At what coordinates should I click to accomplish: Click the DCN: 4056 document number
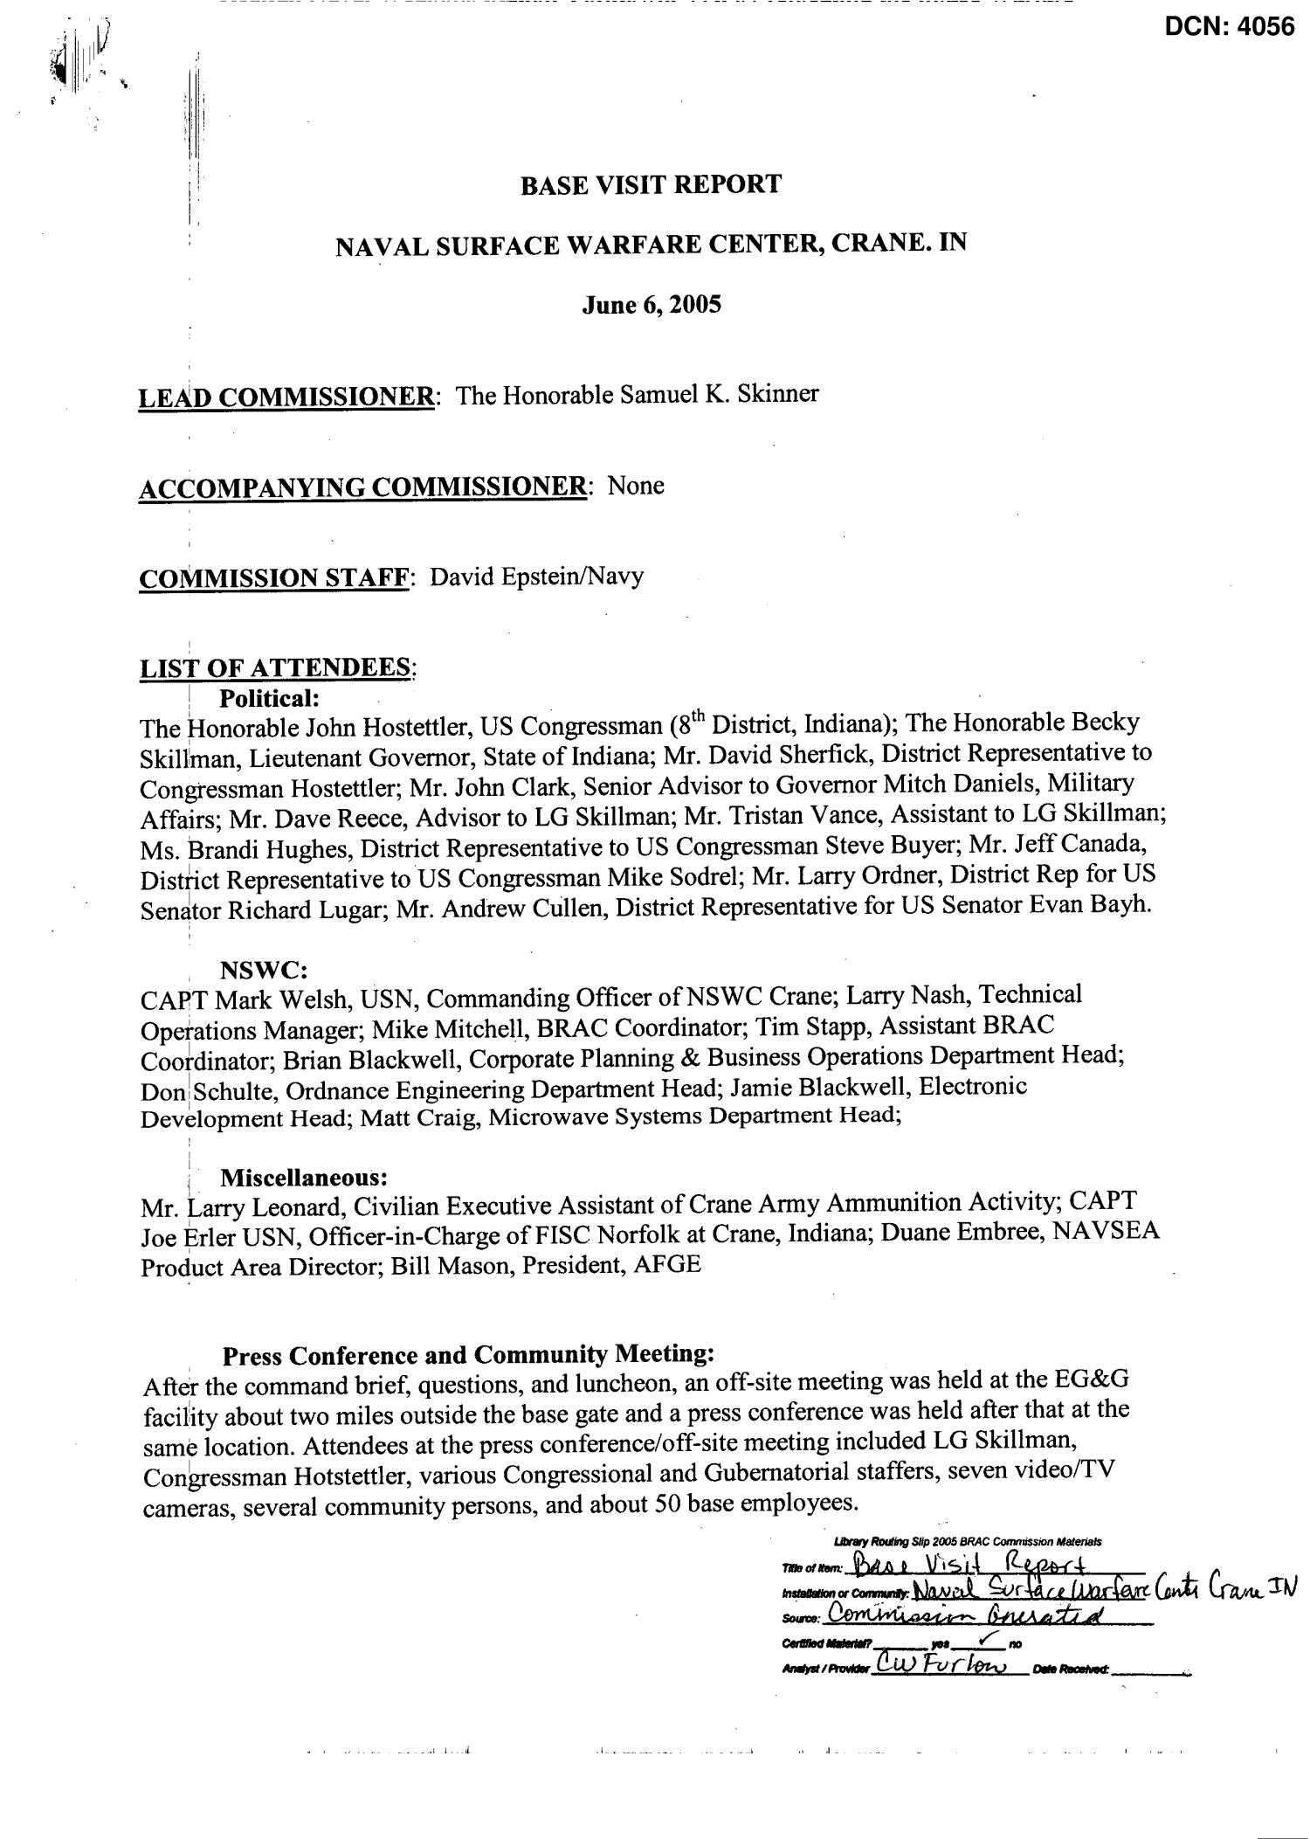coord(1229,27)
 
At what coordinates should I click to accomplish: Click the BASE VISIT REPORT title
coord(651,184)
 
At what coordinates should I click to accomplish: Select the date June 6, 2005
coord(652,306)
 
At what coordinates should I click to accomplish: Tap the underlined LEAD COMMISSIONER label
coord(286,398)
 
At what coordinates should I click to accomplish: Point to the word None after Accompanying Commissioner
coord(636,486)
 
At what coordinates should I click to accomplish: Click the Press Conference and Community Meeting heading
coord(469,1355)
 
